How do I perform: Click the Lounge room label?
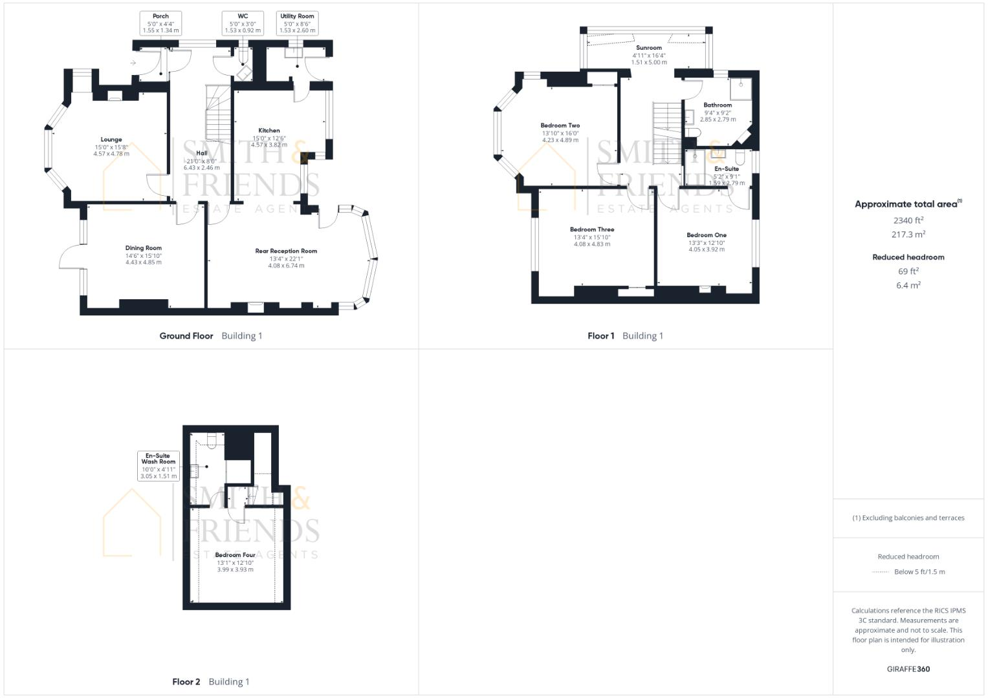pos(111,140)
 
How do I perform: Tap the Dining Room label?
pos(144,248)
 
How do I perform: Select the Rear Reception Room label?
pos(286,251)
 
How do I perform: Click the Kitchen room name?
pos(269,131)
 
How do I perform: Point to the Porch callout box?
pos(160,23)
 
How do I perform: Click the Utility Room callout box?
pos(297,23)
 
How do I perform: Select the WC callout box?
pos(243,23)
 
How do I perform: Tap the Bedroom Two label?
pos(560,126)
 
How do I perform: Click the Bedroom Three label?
pos(592,229)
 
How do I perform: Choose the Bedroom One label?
pos(707,235)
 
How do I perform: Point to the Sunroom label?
pos(649,48)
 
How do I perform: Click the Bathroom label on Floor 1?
pos(718,105)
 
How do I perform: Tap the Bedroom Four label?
pos(235,555)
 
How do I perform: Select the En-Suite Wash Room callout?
pos(159,465)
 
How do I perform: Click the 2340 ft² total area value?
pos(908,220)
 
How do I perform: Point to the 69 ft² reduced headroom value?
pos(908,271)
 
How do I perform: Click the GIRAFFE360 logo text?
pos(908,669)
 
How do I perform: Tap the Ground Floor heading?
pos(186,336)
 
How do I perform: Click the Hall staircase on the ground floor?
pos(218,113)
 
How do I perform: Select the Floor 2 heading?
pos(186,682)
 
